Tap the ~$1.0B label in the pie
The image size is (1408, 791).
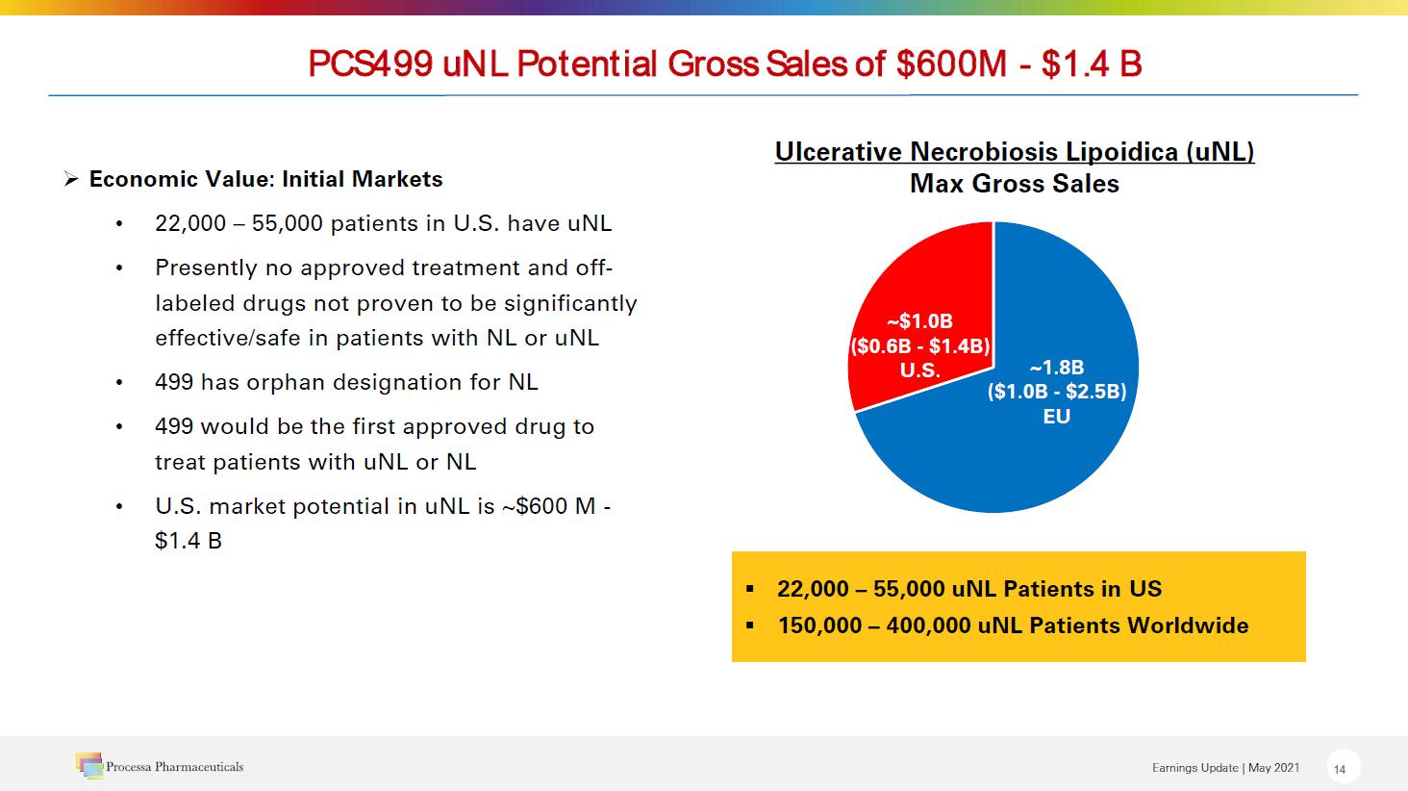click(x=919, y=321)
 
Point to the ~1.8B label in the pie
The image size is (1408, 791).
click(x=1056, y=368)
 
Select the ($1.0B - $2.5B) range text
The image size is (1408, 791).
click(x=1056, y=392)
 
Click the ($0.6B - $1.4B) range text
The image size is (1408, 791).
click(x=920, y=346)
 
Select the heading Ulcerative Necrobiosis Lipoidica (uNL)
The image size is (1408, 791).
click(x=1015, y=152)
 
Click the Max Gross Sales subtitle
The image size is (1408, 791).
click(x=1015, y=184)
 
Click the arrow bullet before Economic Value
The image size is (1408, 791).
click(x=70, y=180)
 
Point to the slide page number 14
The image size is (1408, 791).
click(x=1340, y=769)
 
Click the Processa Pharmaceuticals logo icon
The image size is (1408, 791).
click(x=89, y=766)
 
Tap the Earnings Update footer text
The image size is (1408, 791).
click(x=1194, y=768)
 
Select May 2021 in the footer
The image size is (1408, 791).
click(x=1273, y=768)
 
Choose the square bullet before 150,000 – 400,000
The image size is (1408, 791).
click(x=750, y=625)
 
